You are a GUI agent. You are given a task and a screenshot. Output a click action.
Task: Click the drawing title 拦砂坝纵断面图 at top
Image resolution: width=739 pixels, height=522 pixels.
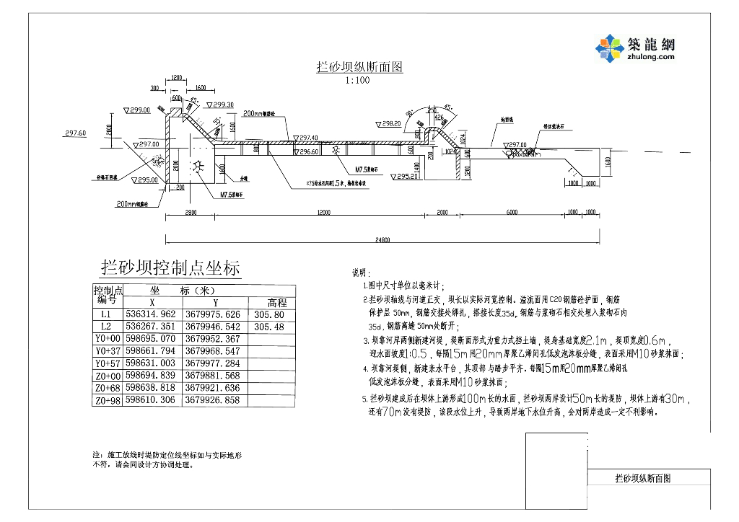(359, 68)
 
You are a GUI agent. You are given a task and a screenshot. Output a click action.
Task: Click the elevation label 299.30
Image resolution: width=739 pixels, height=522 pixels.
(223, 105)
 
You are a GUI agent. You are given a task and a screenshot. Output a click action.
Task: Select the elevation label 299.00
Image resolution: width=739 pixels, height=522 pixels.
(140, 110)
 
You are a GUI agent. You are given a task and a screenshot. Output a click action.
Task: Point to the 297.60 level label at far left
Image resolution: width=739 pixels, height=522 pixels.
(75, 133)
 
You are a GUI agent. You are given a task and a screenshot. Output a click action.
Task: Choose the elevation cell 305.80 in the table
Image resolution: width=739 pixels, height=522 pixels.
(270, 315)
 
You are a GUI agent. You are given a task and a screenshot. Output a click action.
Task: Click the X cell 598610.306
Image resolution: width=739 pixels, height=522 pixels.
(150, 399)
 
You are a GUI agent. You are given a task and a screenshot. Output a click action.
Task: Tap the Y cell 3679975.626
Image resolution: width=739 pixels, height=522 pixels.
(214, 315)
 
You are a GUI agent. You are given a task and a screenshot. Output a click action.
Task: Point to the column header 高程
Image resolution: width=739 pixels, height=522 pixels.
(277, 303)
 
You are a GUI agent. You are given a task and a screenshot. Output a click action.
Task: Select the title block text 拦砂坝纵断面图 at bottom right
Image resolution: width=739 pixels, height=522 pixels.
(642, 478)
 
